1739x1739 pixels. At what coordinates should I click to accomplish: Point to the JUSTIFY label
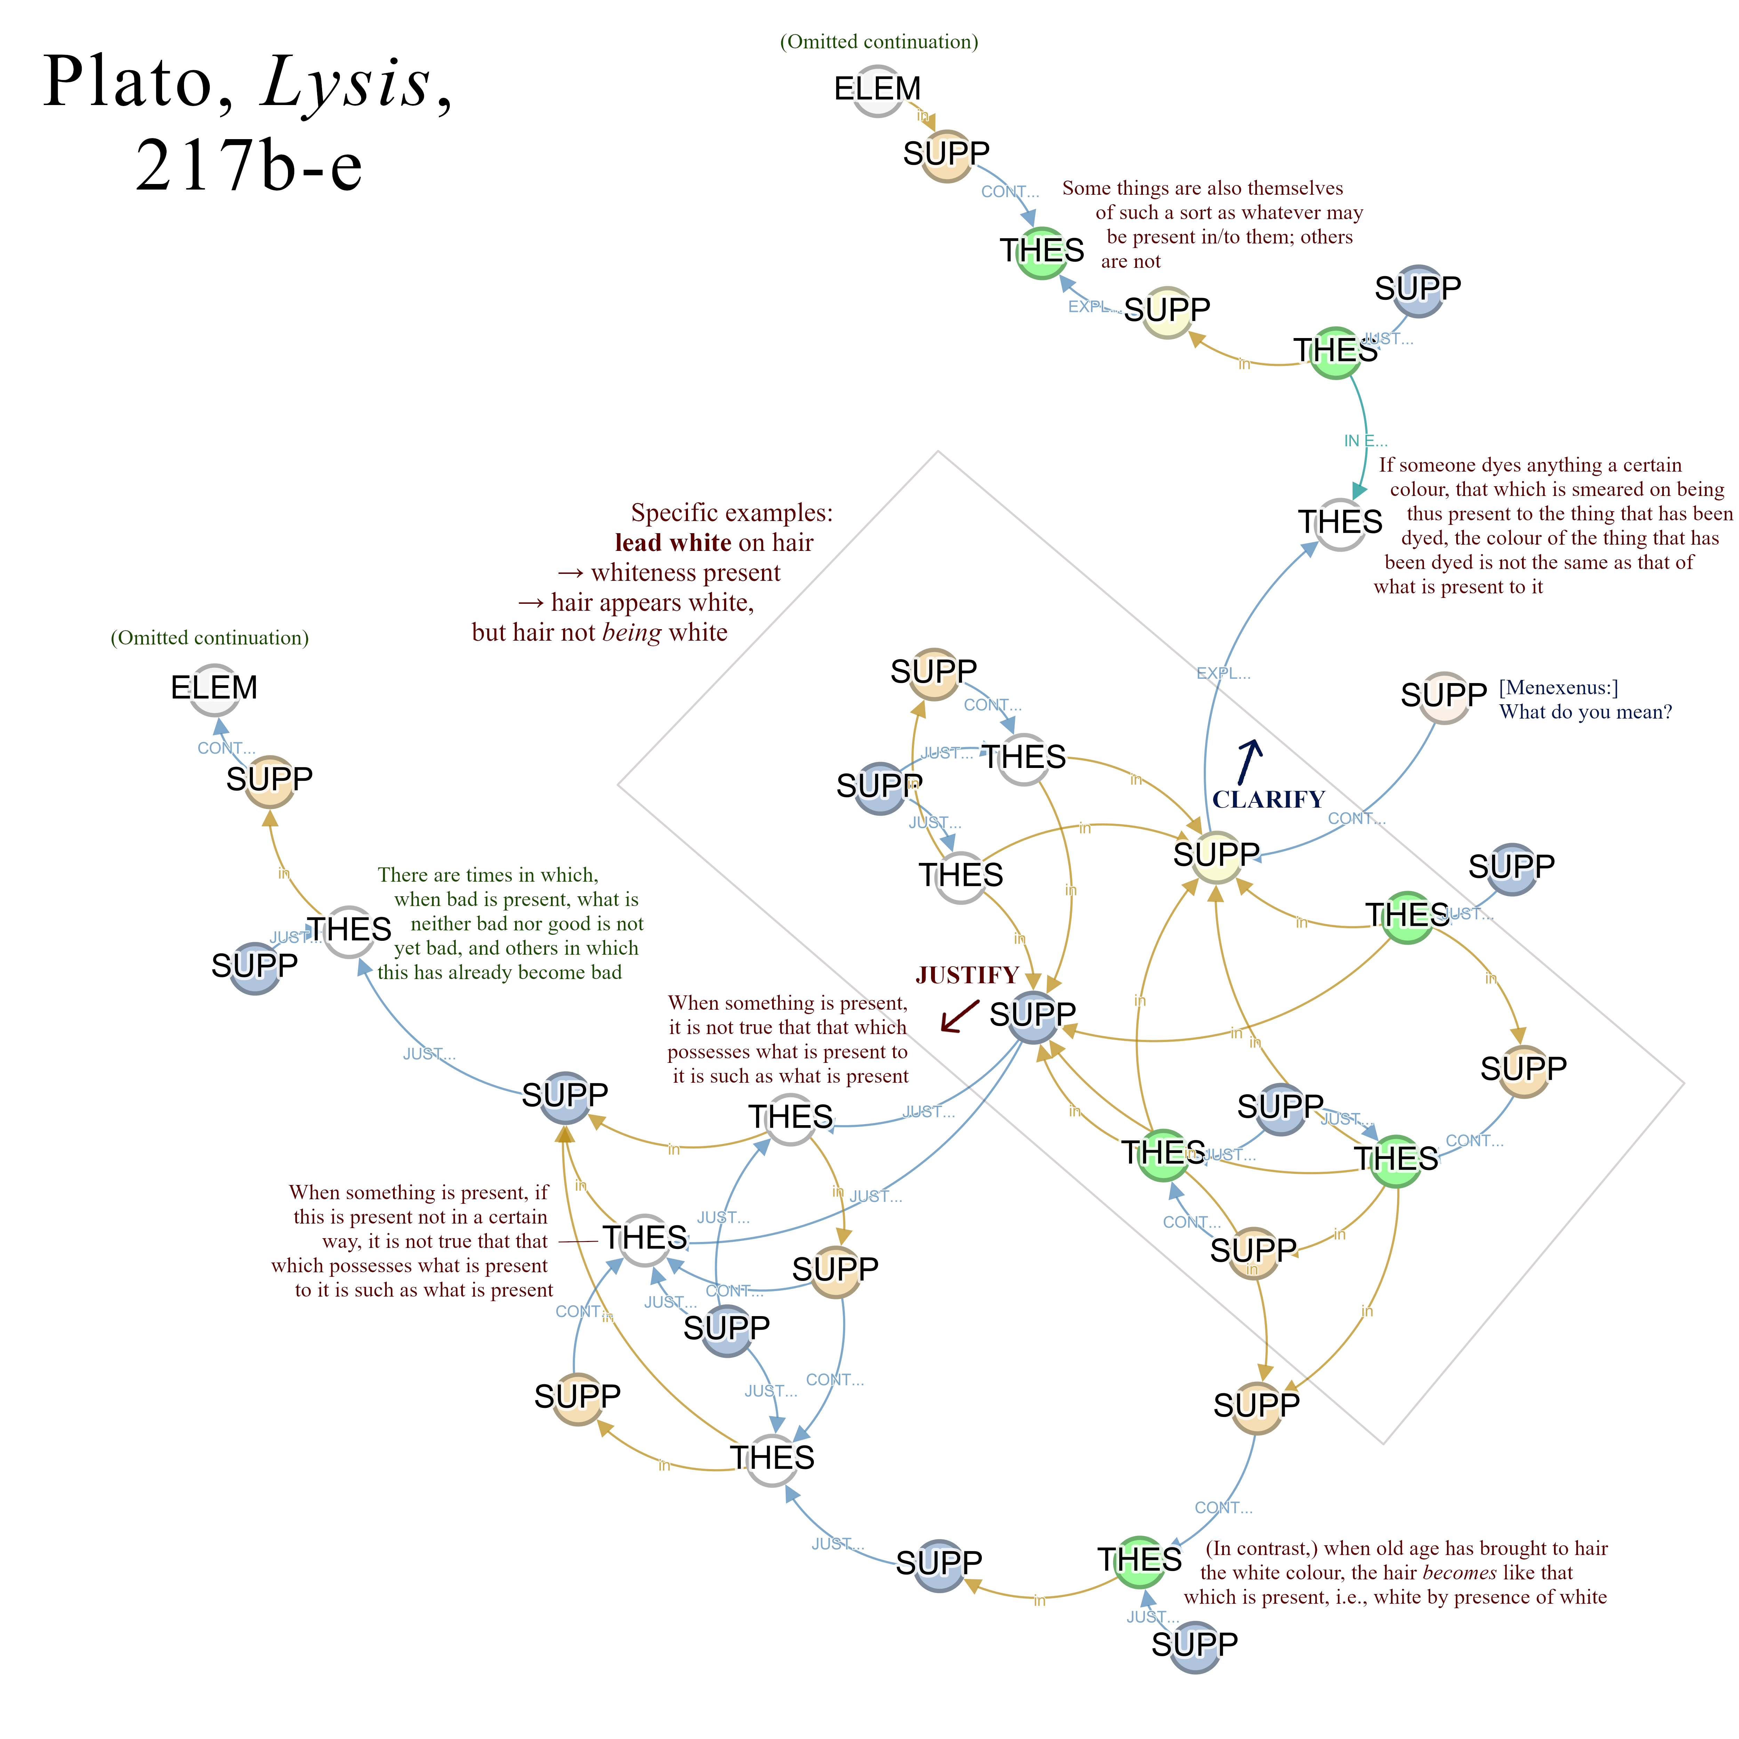(x=967, y=975)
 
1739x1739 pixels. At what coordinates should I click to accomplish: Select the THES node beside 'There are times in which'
(x=349, y=931)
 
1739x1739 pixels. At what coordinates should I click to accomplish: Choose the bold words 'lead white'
(x=672, y=543)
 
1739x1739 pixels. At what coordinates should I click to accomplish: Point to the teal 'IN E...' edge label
(x=1364, y=441)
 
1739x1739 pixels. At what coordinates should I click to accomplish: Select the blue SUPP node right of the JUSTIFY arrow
(x=1032, y=1015)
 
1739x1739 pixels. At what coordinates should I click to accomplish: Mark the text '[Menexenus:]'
(x=1558, y=688)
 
